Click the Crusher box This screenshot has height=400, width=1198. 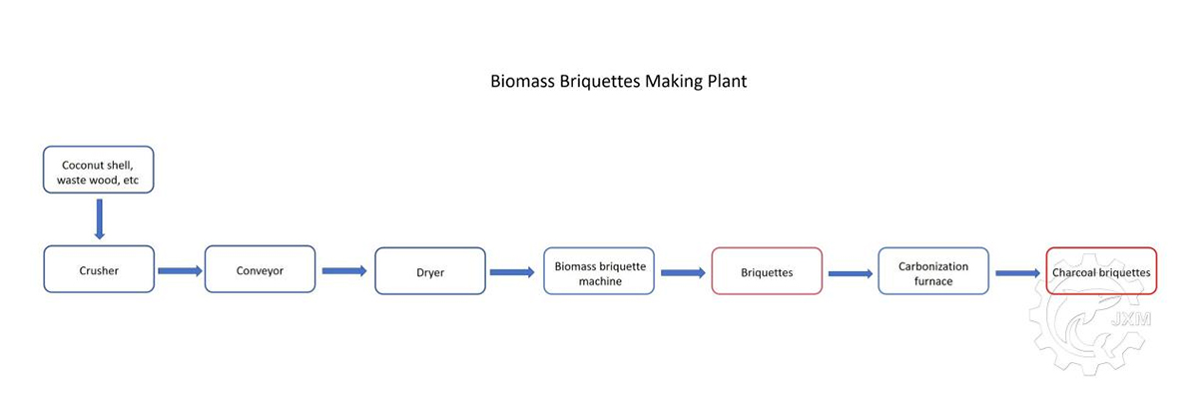[99, 269]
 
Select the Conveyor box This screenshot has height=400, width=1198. [260, 269]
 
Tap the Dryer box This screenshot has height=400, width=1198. [430, 270]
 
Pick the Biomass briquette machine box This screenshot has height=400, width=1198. [599, 270]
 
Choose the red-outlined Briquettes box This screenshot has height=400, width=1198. [767, 270]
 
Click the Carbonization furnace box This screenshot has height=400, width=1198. [933, 270]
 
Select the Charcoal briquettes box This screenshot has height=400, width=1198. [1101, 270]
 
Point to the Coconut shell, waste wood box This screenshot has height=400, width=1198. [99, 170]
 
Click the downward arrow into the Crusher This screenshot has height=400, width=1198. [100, 219]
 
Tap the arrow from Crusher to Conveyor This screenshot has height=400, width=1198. [181, 270]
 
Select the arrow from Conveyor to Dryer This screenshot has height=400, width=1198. [344, 270]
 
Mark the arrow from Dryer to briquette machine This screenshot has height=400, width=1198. [512, 272]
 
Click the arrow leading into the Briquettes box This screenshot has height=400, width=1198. [684, 273]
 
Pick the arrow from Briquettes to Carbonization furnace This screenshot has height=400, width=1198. [851, 273]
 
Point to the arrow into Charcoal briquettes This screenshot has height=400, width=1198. [1018, 273]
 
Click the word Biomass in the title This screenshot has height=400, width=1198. [522, 81]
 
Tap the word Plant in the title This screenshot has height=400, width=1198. [727, 81]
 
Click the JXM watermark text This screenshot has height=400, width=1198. [1131, 319]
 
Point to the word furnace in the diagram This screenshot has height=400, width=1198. [933, 281]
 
